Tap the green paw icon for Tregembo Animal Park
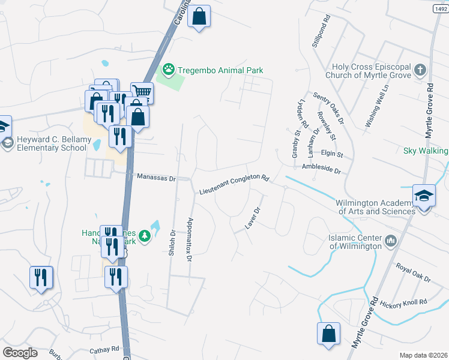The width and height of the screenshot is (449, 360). pyautogui.click(x=169, y=70)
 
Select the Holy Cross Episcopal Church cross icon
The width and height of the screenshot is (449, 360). pyautogui.click(x=420, y=71)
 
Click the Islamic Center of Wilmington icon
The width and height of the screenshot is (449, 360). pyautogui.click(x=391, y=241)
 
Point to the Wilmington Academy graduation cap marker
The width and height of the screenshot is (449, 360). pyautogui.click(x=423, y=197)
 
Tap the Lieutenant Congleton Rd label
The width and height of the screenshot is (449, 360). pyautogui.click(x=234, y=185)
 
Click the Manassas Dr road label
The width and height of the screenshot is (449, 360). pyautogui.click(x=155, y=178)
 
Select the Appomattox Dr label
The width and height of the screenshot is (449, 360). pyautogui.click(x=189, y=239)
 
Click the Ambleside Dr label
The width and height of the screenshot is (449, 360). pyautogui.click(x=321, y=169)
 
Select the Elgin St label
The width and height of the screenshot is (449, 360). pyautogui.click(x=331, y=154)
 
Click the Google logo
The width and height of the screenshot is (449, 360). pyautogui.click(x=20, y=352)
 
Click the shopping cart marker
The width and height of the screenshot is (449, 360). pyautogui.click(x=142, y=92)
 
